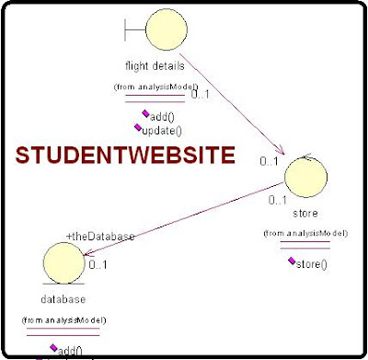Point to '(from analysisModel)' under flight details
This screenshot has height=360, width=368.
tap(150, 87)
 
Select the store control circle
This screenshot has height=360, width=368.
tap(306, 176)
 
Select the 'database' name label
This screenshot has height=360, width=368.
tap(63, 299)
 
